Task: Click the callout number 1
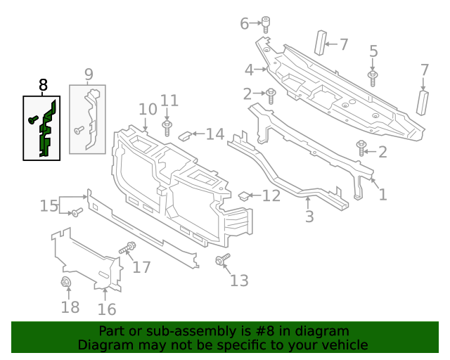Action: coord(382,194)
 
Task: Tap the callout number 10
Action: coord(148,109)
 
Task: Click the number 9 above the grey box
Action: coord(89,74)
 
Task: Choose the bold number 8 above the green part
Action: coord(43,86)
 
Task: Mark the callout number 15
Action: coord(49,205)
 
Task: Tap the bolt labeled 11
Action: coord(168,129)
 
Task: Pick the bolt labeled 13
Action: coord(221,261)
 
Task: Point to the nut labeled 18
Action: coord(67,283)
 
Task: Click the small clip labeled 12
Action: coord(245,196)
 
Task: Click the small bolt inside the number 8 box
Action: coord(32,120)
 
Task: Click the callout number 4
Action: coord(250,70)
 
